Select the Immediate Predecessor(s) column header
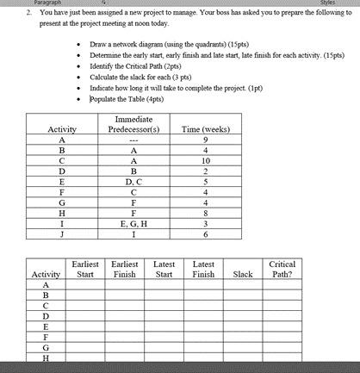[x=132, y=123]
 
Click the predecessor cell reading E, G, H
[x=132, y=222]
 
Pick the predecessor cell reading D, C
[x=132, y=181]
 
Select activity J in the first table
[x=61, y=233]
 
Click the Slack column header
[x=243, y=275]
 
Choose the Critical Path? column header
[x=282, y=269]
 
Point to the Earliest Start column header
[x=85, y=269]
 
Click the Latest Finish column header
[x=203, y=269]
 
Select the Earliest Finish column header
[x=125, y=269]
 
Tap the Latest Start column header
[x=164, y=269]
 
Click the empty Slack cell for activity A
[x=243, y=286]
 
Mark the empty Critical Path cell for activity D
[x=282, y=317]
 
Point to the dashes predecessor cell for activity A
[x=132, y=140]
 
